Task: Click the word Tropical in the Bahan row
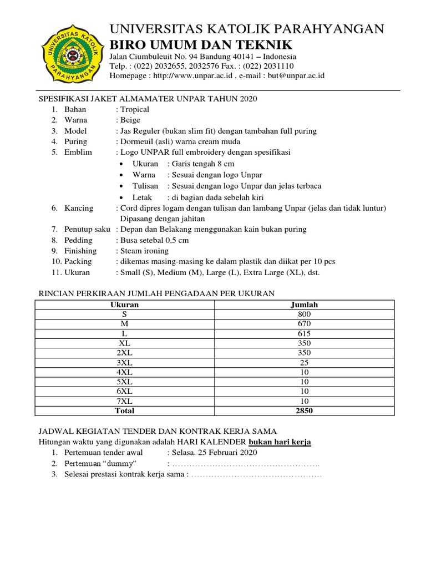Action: (x=135, y=109)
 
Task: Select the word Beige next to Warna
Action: (x=130, y=120)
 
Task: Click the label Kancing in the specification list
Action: (x=79, y=208)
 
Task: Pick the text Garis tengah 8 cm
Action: (x=203, y=164)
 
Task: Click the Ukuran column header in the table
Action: (x=124, y=305)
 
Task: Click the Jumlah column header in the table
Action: (x=304, y=305)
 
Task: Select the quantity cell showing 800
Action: (x=304, y=314)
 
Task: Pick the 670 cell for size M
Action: (x=304, y=323)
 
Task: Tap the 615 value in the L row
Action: (x=304, y=333)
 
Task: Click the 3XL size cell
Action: (x=124, y=362)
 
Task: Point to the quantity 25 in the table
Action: (x=304, y=362)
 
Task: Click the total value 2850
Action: (x=304, y=411)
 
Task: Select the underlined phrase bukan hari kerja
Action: (x=280, y=442)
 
